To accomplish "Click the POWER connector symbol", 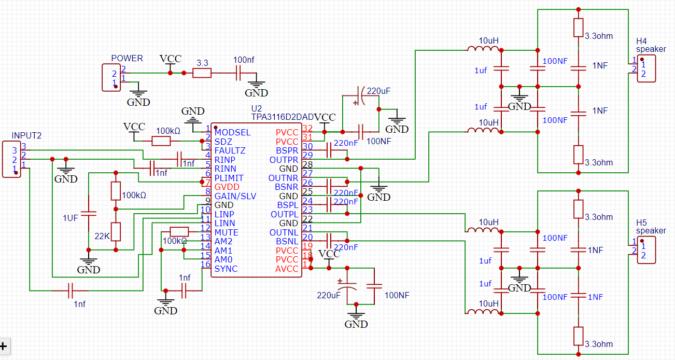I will [111, 78].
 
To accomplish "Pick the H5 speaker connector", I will [646, 250].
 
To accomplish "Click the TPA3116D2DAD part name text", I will [283, 118].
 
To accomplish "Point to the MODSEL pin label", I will [232, 132].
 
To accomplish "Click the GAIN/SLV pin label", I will [235, 196].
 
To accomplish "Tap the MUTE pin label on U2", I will [226, 232].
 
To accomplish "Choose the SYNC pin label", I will [226, 269].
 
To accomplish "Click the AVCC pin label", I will [287, 269].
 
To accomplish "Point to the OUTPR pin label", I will [284, 159].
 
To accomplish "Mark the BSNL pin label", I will [287, 241].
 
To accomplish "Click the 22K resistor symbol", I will [116, 231].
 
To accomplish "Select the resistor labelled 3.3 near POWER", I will [202, 73].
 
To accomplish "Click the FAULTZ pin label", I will [230, 150].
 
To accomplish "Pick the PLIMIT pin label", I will [229, 178].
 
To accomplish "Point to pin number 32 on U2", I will [307, 128].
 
